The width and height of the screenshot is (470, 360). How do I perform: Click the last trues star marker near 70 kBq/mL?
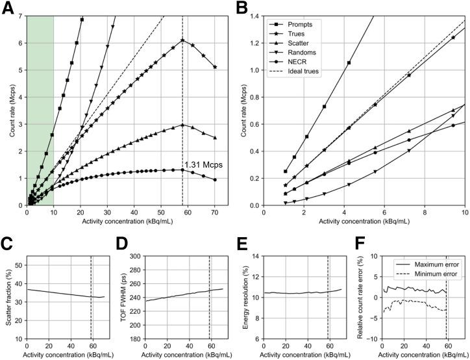click(215, 67)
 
